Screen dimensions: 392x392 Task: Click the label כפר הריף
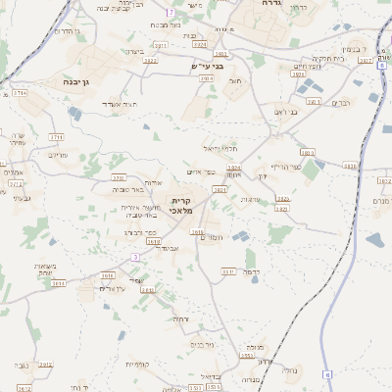tap(284, 166)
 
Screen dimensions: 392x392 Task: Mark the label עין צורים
tap(116, 287)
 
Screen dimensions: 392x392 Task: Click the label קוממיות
tap(137, 365)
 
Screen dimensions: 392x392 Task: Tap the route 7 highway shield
tap(170, 12)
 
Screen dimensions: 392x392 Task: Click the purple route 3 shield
tap(135, 257)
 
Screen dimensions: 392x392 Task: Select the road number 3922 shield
tap(149, 61)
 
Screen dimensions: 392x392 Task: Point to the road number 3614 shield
tap(59, 283)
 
